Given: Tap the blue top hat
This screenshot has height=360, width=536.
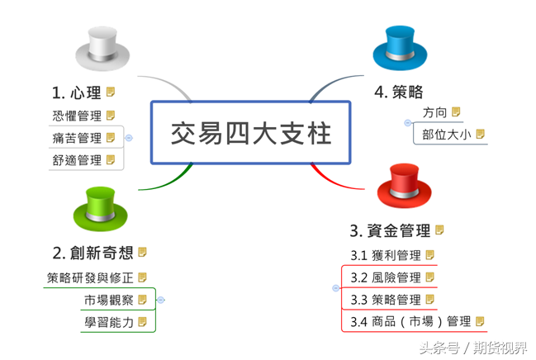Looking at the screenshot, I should pos(401,48).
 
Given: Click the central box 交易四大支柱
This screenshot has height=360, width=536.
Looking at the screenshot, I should pos(251,133).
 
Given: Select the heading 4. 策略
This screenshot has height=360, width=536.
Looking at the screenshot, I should pos(399,92).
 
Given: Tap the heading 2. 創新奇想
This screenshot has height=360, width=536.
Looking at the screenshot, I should pos(92,252).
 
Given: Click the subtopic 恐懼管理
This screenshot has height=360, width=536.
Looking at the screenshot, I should pos(77,116).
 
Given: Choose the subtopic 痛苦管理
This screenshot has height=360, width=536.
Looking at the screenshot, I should pos(77,138).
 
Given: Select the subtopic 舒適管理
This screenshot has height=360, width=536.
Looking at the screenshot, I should pos(77,160).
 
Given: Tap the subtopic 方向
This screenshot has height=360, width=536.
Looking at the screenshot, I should pos(434,111).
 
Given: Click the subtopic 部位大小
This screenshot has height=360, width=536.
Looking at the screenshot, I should pos(446,134).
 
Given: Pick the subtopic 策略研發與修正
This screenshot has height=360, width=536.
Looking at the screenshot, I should pos(90,277).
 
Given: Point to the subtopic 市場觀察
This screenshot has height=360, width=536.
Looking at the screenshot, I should pos(109,300).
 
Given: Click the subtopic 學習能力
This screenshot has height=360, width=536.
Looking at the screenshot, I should pos(109,322).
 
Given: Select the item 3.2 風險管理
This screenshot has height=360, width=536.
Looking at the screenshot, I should pos(386,277).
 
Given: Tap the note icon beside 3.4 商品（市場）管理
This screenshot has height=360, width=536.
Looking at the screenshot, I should pos(480,321).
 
